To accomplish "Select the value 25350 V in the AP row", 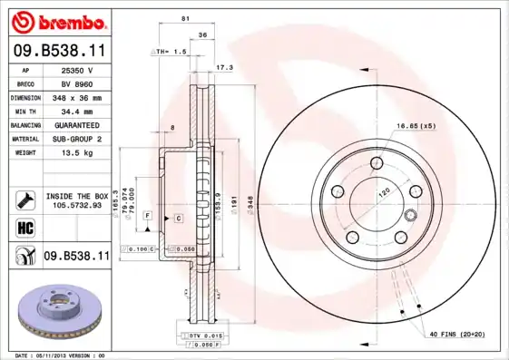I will coord(78,69).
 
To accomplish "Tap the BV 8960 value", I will coord(78,83).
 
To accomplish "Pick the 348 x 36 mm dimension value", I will coord(78,97).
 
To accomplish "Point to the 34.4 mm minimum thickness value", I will coord(78,111).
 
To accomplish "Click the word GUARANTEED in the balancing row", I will coord(78,125).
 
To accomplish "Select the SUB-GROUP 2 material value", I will coord(78,139).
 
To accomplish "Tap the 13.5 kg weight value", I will coord(78,153).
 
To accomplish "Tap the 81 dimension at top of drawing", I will coord(185,19).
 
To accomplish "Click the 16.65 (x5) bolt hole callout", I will coord(416,125).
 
